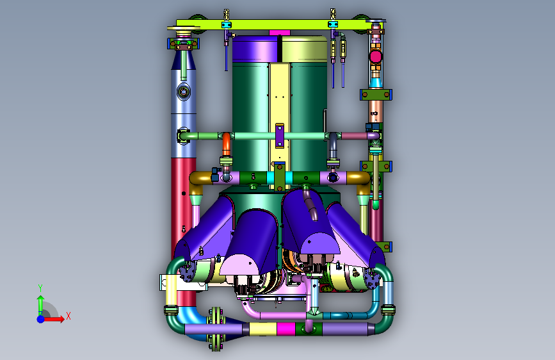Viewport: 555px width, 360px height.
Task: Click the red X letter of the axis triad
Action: pyautogui.click(x=68, y=316)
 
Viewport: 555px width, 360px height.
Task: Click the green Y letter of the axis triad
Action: pyautogui.click(x=40, y=288)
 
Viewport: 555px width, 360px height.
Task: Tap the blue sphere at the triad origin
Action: pyautogui.click(x=41, y=319)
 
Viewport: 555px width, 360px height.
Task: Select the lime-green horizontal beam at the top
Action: pyautogui.click(x=273, y=24)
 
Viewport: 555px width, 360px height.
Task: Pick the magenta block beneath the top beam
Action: pyautogui.click(x=280, y=33)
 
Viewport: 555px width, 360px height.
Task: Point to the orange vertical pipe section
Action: pyautogui.click(x=226, y=144)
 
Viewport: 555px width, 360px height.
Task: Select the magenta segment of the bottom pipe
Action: pyautogui.click(x=286, y=329)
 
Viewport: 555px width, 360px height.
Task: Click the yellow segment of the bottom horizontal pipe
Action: pyautogui.click(x=263, y=329)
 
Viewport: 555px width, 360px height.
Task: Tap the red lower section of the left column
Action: pyautogui.click(x=183, y=213)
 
